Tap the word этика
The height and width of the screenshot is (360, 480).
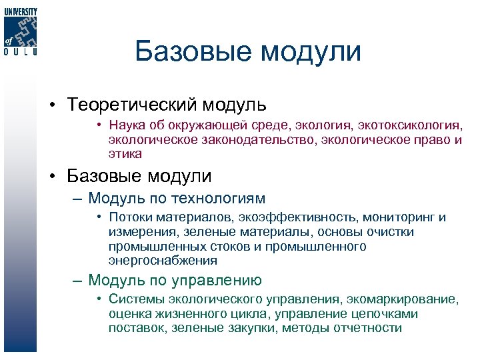[x=126, y=153]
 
